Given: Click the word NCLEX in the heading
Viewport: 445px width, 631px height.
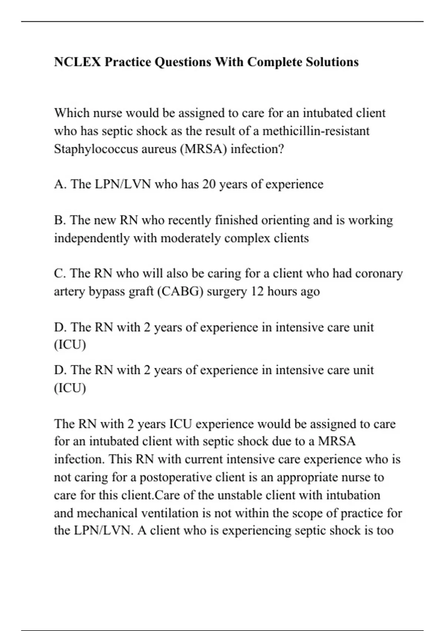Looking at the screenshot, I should pyautogui.click(x=77, y=62).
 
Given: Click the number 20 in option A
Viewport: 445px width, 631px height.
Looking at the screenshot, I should pyautogui.click(x=209, y=184).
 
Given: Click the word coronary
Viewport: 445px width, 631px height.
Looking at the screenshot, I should pyautogui.click(x=379, y=274).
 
